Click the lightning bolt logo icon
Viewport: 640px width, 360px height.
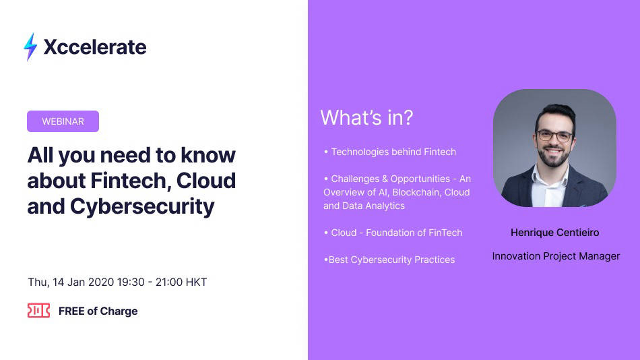click(30, 47)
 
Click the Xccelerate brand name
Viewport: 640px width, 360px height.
click(94, 47)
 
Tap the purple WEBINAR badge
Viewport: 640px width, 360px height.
click(63, 121)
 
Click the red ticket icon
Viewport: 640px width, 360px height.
click(38, 311)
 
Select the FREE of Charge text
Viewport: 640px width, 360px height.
click(98, 311)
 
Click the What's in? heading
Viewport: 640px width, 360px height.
click(366, 118)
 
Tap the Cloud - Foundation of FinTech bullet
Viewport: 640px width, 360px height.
click(393, 233)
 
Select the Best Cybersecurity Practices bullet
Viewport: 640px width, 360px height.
click(389, 260)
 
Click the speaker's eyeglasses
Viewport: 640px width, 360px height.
click(554, 136)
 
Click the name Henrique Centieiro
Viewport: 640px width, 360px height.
click(554, 233)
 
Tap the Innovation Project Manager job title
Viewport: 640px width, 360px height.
click(555, 256)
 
